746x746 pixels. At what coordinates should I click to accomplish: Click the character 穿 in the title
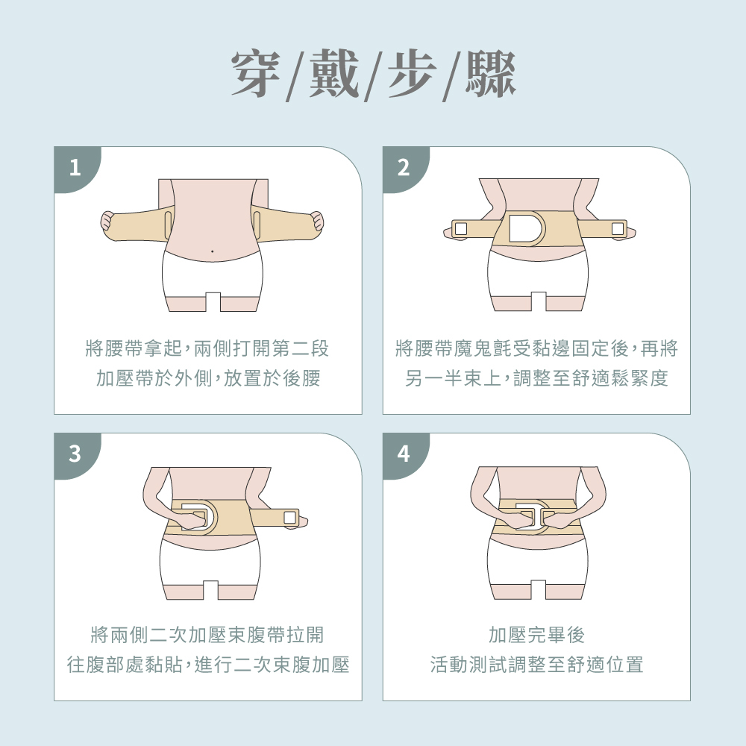(256, 74)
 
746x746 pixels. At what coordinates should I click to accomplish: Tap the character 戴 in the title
(333, 74)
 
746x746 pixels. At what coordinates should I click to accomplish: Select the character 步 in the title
(412, 74)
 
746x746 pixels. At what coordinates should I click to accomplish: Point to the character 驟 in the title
(491, 74)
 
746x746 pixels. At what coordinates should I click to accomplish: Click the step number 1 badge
(75, 168)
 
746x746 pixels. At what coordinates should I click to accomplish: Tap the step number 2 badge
(404, 168)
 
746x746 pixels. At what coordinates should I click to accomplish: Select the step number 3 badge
(75, 454)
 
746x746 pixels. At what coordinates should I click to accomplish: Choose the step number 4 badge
(404, 454)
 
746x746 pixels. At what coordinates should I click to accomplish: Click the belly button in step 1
(212, 251)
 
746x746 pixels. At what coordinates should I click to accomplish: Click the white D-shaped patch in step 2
(524, 228)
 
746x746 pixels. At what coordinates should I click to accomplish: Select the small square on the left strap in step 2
(460, 229)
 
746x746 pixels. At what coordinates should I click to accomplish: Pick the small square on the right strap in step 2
(618, 229)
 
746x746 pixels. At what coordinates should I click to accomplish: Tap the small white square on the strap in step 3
(289, 517)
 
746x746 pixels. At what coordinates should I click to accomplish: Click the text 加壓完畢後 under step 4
(536, 635)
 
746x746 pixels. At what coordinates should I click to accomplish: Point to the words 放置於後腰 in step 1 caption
(272, 379)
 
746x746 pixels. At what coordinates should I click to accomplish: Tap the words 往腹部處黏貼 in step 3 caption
(125, 665)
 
